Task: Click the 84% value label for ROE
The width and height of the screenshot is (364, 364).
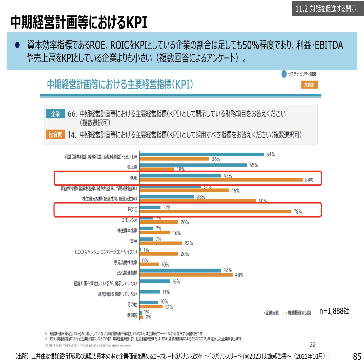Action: coord(309,180)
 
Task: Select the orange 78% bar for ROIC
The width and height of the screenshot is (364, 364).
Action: coord(215,211)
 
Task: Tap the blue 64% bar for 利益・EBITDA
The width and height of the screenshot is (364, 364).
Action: coord(201,154)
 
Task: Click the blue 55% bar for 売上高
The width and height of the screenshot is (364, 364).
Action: coord(193,165)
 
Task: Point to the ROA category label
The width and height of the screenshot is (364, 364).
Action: coord(133,241)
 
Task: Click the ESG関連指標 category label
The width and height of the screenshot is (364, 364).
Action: coord(127,273)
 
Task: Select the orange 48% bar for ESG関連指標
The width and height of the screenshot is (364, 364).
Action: coord(186,275)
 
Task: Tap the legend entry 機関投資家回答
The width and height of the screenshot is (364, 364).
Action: coord(299,313)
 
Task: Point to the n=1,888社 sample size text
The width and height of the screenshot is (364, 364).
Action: coord(334,311)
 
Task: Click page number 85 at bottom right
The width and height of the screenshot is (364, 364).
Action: coord(357,356)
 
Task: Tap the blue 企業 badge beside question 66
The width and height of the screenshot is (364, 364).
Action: coord(55,114)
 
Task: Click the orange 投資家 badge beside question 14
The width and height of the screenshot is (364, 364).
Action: coord(55,134)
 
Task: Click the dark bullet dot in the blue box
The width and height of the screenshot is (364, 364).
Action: coord(17,45)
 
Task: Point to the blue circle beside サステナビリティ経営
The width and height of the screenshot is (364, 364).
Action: coord(284,74)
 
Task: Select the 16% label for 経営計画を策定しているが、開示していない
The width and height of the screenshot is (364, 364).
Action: coord(176,281)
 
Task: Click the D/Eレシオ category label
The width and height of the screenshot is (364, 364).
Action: coord(129,220)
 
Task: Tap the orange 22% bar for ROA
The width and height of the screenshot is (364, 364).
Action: coord(161,243)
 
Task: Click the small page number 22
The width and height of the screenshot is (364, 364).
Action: coord(313,345)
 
